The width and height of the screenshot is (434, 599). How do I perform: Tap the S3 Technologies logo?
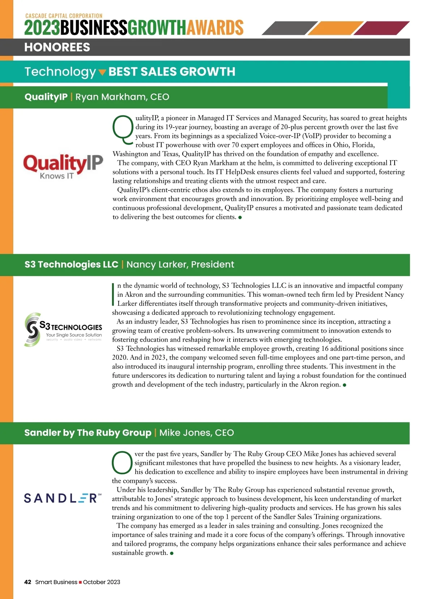[63, 329]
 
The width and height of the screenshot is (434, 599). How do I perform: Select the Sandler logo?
[63, 498]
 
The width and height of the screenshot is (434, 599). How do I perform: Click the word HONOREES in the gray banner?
[57, 47]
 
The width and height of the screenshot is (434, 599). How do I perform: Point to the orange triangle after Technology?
[102, 72]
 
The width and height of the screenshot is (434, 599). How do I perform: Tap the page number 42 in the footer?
[27, 582]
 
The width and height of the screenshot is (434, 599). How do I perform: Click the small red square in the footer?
[80, 582]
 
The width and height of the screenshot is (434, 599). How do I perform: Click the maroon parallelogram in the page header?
[382, 28]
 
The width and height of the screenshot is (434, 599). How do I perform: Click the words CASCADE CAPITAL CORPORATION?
[64, 16]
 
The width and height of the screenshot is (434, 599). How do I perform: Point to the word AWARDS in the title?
[215, 28]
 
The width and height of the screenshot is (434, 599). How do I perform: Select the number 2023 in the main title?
[42, 28]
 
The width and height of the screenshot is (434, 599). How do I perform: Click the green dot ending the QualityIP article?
[240, 217]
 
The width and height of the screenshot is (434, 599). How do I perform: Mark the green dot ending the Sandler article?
[172, 553]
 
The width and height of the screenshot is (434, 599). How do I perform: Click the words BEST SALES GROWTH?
[172, 72]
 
